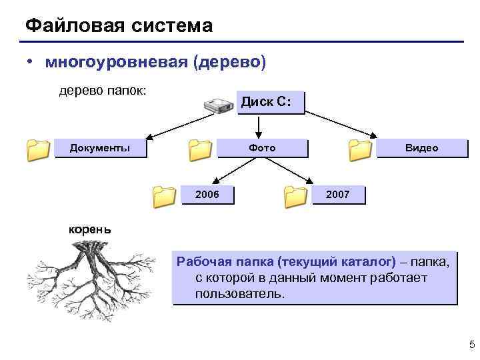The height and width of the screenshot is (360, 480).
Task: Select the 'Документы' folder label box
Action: click(x=100, y=147)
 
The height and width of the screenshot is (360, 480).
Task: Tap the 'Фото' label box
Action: click(x=262, y=147)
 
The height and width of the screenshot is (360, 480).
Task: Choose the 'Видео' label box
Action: click(x=422, y=147)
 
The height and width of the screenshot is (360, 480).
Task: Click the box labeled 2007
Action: click(x=338, y=194)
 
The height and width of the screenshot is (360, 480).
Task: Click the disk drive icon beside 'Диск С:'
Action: click(x=217, y=105)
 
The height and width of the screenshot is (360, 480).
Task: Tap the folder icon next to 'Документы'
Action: click(x=39, y=151)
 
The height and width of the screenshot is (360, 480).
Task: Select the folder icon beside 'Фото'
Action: click(x=200, y=151)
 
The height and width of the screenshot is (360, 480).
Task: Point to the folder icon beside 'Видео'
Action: click(x=361, y=151)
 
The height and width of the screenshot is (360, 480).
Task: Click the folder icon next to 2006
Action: click(x=164, y=196)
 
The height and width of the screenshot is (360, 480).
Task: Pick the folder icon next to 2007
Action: click(x=295, y=196)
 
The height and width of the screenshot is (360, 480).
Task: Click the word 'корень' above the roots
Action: click(x=91, y=229)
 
